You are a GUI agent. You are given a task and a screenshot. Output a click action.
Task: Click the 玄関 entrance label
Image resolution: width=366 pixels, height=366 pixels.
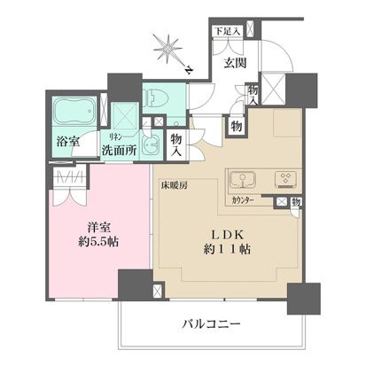[x=234, y=63]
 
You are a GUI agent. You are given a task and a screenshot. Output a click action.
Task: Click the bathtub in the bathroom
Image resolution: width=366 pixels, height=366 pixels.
[x=74, y=113]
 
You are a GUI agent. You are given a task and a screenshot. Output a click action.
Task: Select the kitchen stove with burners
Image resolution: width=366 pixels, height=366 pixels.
[x=288, y=181]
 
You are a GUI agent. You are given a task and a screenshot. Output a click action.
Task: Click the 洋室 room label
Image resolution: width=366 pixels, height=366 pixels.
[x=86, y=226]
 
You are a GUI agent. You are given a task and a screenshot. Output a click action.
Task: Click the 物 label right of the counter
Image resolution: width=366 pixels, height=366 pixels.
[x=295, y=203]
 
